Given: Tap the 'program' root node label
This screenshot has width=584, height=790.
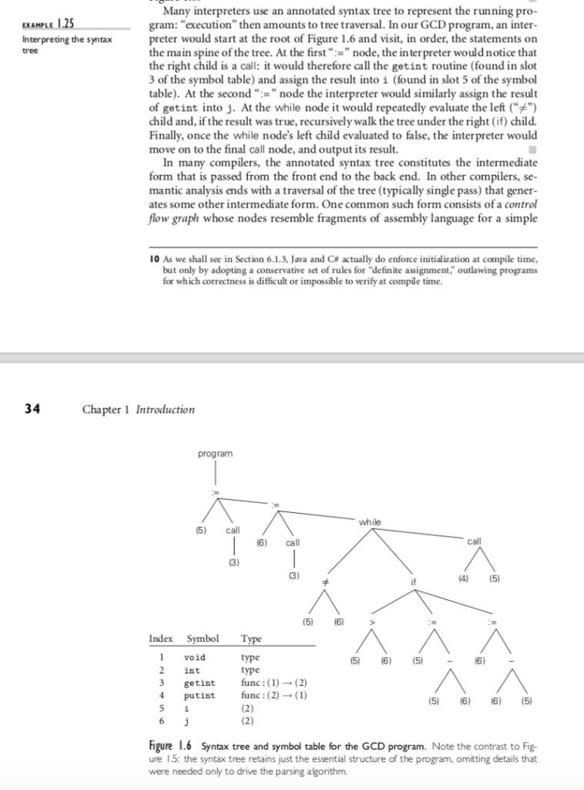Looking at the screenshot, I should [x=215, y=454].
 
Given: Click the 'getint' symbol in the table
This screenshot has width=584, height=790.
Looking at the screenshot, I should [x=199, y=683].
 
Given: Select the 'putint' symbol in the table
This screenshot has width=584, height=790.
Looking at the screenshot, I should [x=199, y=696].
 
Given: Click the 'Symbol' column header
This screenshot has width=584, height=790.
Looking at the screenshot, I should [x=203, y=639].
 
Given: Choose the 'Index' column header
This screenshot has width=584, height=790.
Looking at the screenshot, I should [x=161, y=639].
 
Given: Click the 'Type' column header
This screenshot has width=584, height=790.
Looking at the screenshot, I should [x=251, y=639].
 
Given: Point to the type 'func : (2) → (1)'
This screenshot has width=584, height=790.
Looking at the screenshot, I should [x=275, y=696].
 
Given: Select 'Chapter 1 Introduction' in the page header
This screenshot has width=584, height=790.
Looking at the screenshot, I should [x=138, y=410].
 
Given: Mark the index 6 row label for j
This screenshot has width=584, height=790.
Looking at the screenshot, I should [x=162, y=721].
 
